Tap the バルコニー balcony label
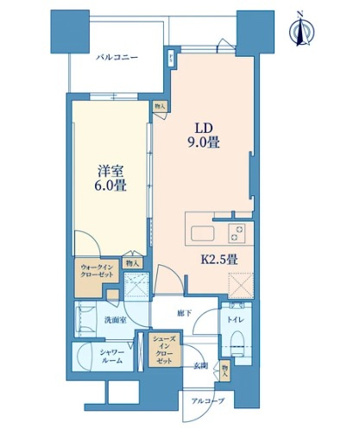(116, 59)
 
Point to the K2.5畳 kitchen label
(219, 256)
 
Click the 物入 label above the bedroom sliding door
(159, 106)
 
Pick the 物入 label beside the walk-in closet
(132, 262)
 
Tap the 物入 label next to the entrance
(224, 371)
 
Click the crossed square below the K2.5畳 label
(239, 285)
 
